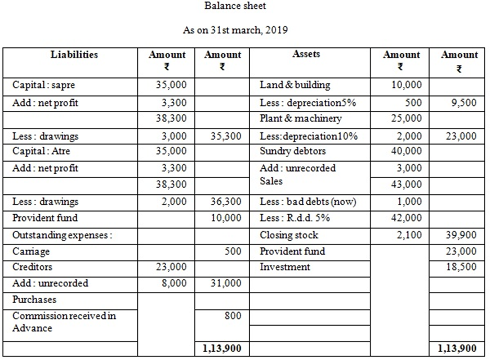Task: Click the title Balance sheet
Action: [x=235, y=6]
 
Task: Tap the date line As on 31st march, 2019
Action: [x=235, y=30]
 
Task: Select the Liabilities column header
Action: [x=74, y=54]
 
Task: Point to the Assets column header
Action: [x=306, y=54]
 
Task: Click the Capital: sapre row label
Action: [x=40, y=85]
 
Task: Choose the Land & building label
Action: [x=295, y=85]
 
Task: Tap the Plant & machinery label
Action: [x=300, y=118]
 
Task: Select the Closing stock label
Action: [x=289, y=235]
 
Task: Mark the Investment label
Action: [x=285, y=268]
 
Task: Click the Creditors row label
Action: [x=32, y=268]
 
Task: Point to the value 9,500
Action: [x=464, y=103]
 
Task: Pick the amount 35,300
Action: [x=227, y=136]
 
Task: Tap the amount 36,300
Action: [x=227, y=202]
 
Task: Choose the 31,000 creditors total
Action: [x=227, y=284]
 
